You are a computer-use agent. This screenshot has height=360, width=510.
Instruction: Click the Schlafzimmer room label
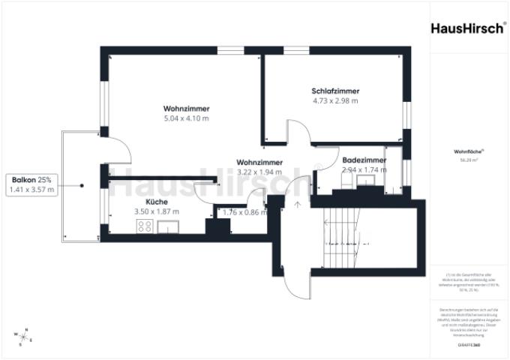pyautogui.click(x=335, y=90)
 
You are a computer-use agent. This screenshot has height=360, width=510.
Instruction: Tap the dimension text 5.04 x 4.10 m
pyautogui.click(x=186, y=118)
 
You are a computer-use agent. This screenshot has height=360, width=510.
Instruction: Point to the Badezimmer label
pyautogui.click(x=364, y=160)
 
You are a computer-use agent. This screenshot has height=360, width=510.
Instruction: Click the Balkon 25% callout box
pyautogui.click(x=31, y=184)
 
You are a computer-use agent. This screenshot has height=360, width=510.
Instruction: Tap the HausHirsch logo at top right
pyautogui.click(x=468, y=28)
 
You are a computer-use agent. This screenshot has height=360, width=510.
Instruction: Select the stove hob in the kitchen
pyautogui.click(x=145, y=229)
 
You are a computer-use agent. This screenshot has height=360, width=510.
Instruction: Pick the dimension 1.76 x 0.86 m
pyautogui.click(x=246, y=212)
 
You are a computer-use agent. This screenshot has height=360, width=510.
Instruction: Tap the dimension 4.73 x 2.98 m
pyautogui.click(x=335, y=100)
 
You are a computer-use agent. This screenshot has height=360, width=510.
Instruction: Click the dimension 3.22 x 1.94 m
pyautogui.click(x=259, y=172)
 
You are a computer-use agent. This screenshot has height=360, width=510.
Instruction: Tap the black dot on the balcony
pyautogui.click(x=82, y=184)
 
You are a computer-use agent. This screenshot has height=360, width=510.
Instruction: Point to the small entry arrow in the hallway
pyautogui.click(x=297, y=203)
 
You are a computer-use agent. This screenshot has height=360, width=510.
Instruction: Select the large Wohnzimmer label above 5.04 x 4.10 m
pyautogui.click(x=186, y=108)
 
